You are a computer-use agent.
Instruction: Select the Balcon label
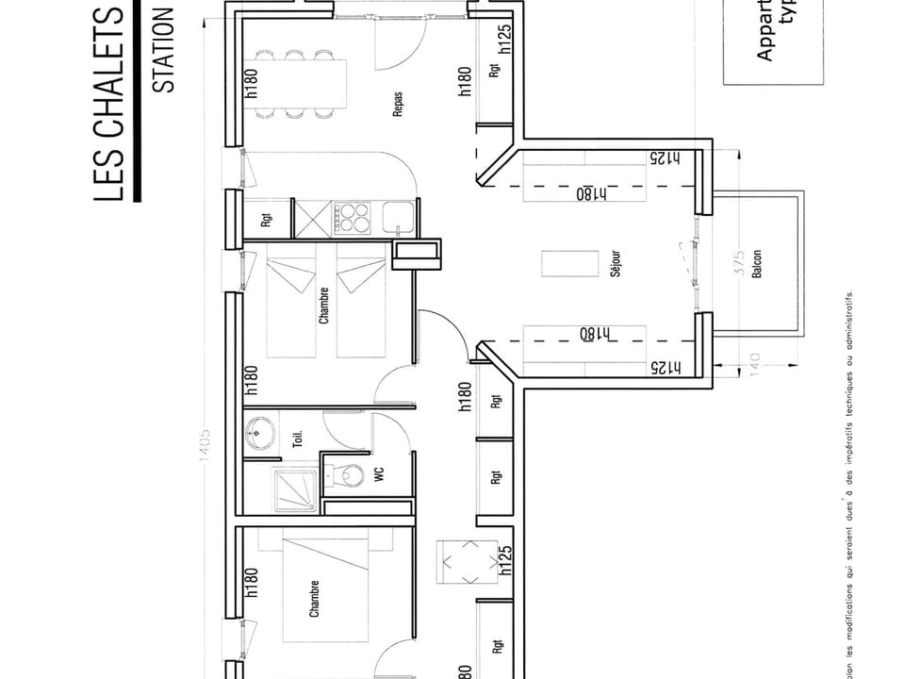pos(756,264)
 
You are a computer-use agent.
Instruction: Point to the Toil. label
pos(298,438)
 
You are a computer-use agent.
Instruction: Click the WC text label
pos(381,477)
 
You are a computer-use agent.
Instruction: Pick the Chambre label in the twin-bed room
pos(324,306)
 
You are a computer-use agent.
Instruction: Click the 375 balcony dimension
pos(739,261)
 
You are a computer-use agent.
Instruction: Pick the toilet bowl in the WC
pos(351,475)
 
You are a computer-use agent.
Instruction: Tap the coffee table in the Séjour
pos(570,264)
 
